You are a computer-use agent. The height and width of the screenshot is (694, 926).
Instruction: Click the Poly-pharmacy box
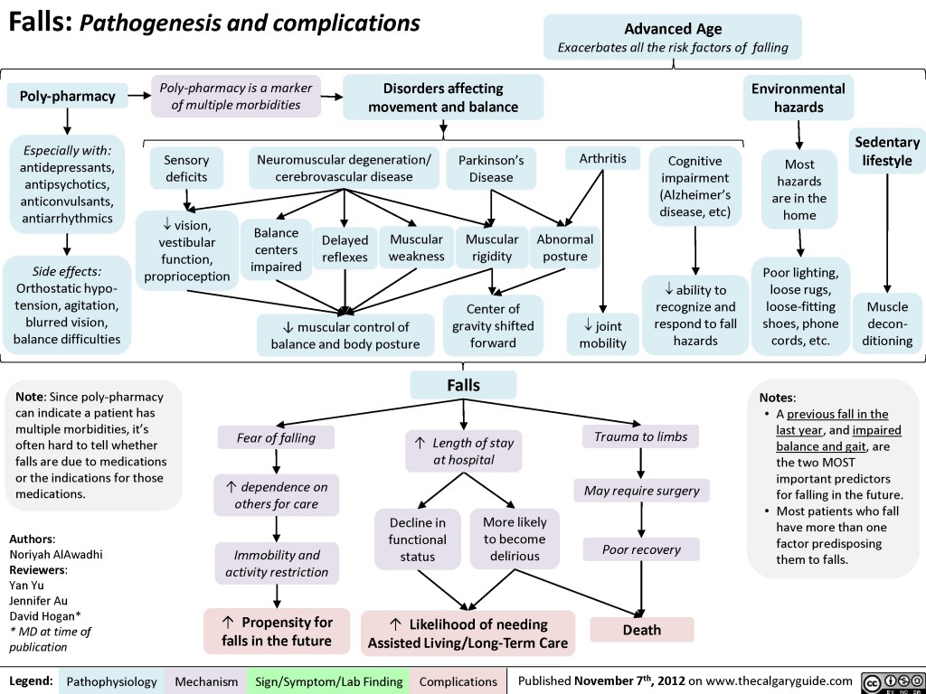pos(62,96)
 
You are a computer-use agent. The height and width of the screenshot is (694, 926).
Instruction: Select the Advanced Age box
pos(673,38)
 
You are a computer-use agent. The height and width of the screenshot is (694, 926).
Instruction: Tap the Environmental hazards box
pos(798,98)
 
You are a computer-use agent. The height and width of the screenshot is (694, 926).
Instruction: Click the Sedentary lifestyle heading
pos(886,152)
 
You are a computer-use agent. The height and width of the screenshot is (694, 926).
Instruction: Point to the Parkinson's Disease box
pos(491,168)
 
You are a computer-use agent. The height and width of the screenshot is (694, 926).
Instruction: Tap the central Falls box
pos(463,385)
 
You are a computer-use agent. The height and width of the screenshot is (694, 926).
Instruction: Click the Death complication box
pos(641,630)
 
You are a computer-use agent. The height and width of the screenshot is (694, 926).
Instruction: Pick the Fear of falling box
pos(276,438)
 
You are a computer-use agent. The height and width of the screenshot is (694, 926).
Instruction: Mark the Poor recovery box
pos(641,549)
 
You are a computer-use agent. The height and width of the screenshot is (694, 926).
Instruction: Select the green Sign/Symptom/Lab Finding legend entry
pos(329,681)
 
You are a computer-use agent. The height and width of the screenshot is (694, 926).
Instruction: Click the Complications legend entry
pos(458,681)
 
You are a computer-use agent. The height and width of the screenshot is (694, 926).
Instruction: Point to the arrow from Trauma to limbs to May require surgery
pos(641,463)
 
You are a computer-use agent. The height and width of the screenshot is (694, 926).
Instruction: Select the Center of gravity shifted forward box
pos(493,325)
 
